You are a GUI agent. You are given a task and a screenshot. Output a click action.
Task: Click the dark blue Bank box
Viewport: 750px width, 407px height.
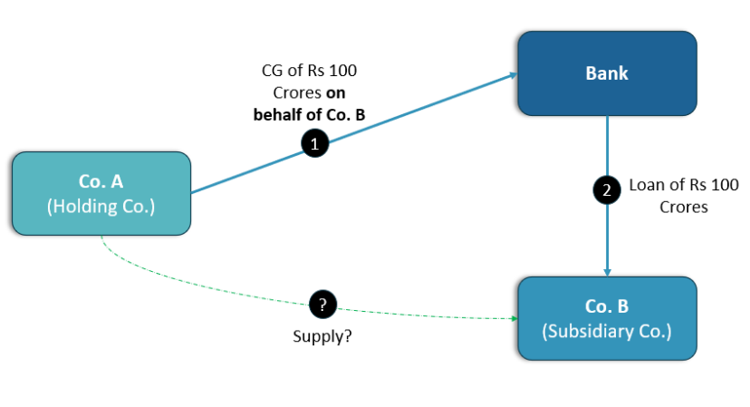tap(606, 73)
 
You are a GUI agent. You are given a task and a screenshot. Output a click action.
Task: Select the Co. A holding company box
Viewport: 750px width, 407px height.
tap(101, 194)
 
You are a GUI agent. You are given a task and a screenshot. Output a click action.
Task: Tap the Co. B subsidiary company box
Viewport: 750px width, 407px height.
tap(606, 318)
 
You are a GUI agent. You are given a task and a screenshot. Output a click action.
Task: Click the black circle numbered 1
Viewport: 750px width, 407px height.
tap(314, 143)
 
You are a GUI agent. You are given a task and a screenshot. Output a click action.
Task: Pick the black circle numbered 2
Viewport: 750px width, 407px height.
tap(606, 191)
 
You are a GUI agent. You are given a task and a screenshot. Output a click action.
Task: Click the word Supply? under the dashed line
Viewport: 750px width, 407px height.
tap(322, 335)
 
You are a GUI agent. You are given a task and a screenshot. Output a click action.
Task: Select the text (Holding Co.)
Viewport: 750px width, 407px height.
tap(101, 207)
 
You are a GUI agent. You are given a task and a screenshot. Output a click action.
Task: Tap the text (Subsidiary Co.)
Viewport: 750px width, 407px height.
tap(606, 331)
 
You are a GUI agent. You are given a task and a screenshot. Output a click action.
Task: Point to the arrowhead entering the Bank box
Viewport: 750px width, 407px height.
tap(511, 77)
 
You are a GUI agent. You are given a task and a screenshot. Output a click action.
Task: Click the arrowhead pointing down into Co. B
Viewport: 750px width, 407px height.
tap(607, 271)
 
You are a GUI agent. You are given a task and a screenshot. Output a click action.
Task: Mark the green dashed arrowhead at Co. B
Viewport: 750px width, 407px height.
tap(512, 319)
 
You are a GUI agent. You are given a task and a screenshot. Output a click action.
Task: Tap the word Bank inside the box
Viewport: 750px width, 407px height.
tap(606, 73)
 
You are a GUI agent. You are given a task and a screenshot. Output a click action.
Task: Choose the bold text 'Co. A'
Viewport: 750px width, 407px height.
tap(101, 180)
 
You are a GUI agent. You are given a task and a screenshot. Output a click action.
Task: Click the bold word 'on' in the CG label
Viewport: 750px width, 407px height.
tap(336, 92)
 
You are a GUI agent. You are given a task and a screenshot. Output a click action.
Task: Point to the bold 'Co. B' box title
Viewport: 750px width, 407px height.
tap(606, 305)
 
